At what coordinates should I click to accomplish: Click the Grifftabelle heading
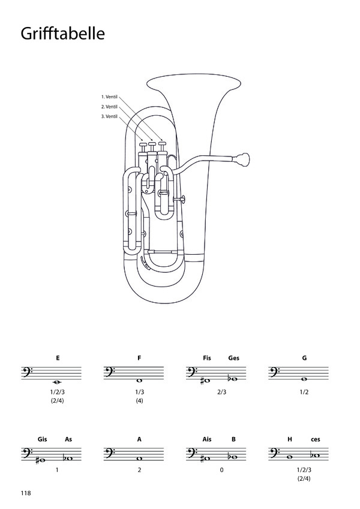pos(63,34)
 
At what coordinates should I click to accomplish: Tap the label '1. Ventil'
pos(109,97)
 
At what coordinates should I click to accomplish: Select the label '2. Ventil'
pos(109,107)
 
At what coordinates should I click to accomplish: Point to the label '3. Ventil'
pos(109,116)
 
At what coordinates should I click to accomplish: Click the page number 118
pos(26,493)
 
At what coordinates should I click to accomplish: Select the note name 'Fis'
pos(207,358)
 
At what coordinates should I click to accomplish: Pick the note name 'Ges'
pos(233,358)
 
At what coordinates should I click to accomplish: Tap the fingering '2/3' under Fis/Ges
pos(221,392)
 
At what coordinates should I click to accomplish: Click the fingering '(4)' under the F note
pos(139,401)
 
